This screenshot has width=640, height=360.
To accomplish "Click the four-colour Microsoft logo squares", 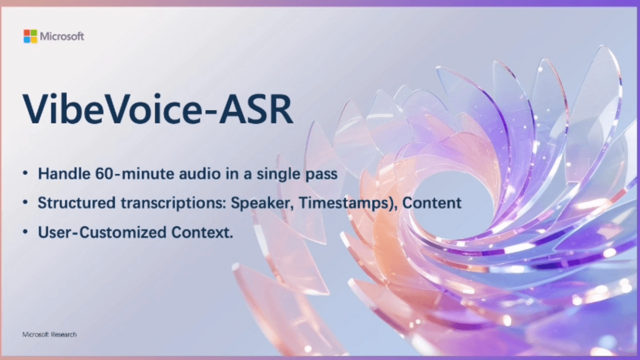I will pos(30,36).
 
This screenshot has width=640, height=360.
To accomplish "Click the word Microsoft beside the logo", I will pos(62,36).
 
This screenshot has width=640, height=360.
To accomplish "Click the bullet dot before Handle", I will pos(27,175).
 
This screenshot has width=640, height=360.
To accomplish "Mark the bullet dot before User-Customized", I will pos(27,233).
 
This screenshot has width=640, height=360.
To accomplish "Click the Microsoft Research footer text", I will pos(50,334).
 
